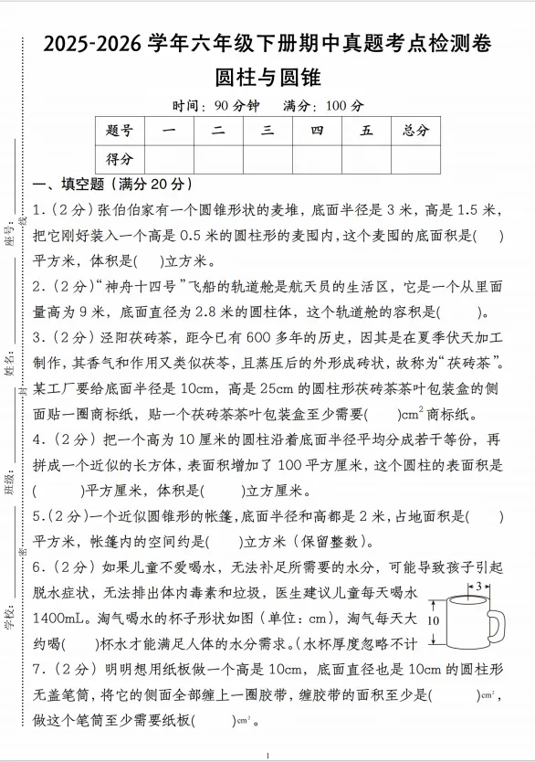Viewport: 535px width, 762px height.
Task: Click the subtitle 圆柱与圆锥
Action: tap(267, 77)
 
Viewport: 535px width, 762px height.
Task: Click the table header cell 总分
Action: tap(415, 131)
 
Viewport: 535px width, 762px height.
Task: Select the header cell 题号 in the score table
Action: tap(120, 131)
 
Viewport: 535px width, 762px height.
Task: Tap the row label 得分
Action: tap(120, 158)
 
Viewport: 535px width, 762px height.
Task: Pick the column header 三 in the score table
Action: tap(267, 131)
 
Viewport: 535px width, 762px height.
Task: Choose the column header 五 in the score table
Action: tap(366, 131)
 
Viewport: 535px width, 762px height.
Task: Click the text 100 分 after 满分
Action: tap(344, 105)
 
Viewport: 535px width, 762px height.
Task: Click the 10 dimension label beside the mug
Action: tap(434, 619)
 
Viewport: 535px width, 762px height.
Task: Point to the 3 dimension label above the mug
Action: tap(478, 585)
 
